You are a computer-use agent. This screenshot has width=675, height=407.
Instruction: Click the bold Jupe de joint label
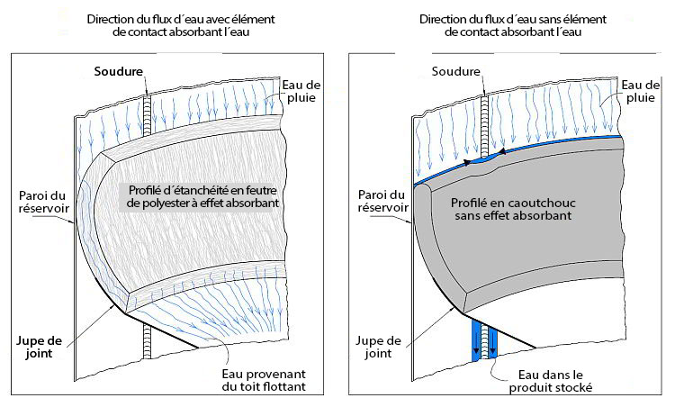(x=39, y=348)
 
